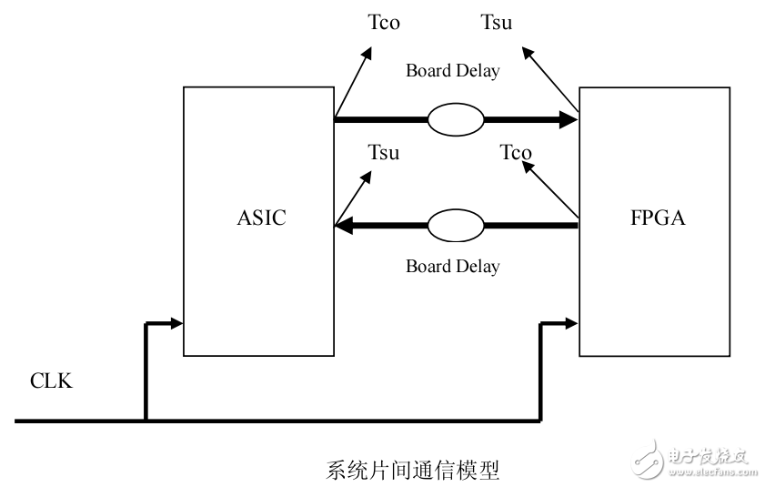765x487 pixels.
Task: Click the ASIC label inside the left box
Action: tap(260, 218)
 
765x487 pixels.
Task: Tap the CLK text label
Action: tap(51, 381)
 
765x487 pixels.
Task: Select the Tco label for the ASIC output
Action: tap(383, 23)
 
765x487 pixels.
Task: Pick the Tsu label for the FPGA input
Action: tap(496, 23)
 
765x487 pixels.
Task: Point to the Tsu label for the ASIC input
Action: tap(383, 152)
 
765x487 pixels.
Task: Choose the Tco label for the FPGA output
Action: tap(516, 152)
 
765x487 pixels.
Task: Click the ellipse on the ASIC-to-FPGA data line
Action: tap(455, 118)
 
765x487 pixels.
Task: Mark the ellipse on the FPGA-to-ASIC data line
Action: tap(455, 226)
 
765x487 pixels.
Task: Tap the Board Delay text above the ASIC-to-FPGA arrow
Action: tap(452, 70)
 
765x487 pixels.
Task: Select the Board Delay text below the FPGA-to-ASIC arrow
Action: tap(452, 267)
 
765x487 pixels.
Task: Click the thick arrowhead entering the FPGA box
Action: tap(569, 118)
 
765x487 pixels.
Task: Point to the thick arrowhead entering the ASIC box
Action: tap(346, 226)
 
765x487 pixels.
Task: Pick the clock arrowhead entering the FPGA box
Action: tap(571, 322)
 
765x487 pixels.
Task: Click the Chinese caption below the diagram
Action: tap(412, 471)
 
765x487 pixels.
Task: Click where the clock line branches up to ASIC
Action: tap(146, 421)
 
